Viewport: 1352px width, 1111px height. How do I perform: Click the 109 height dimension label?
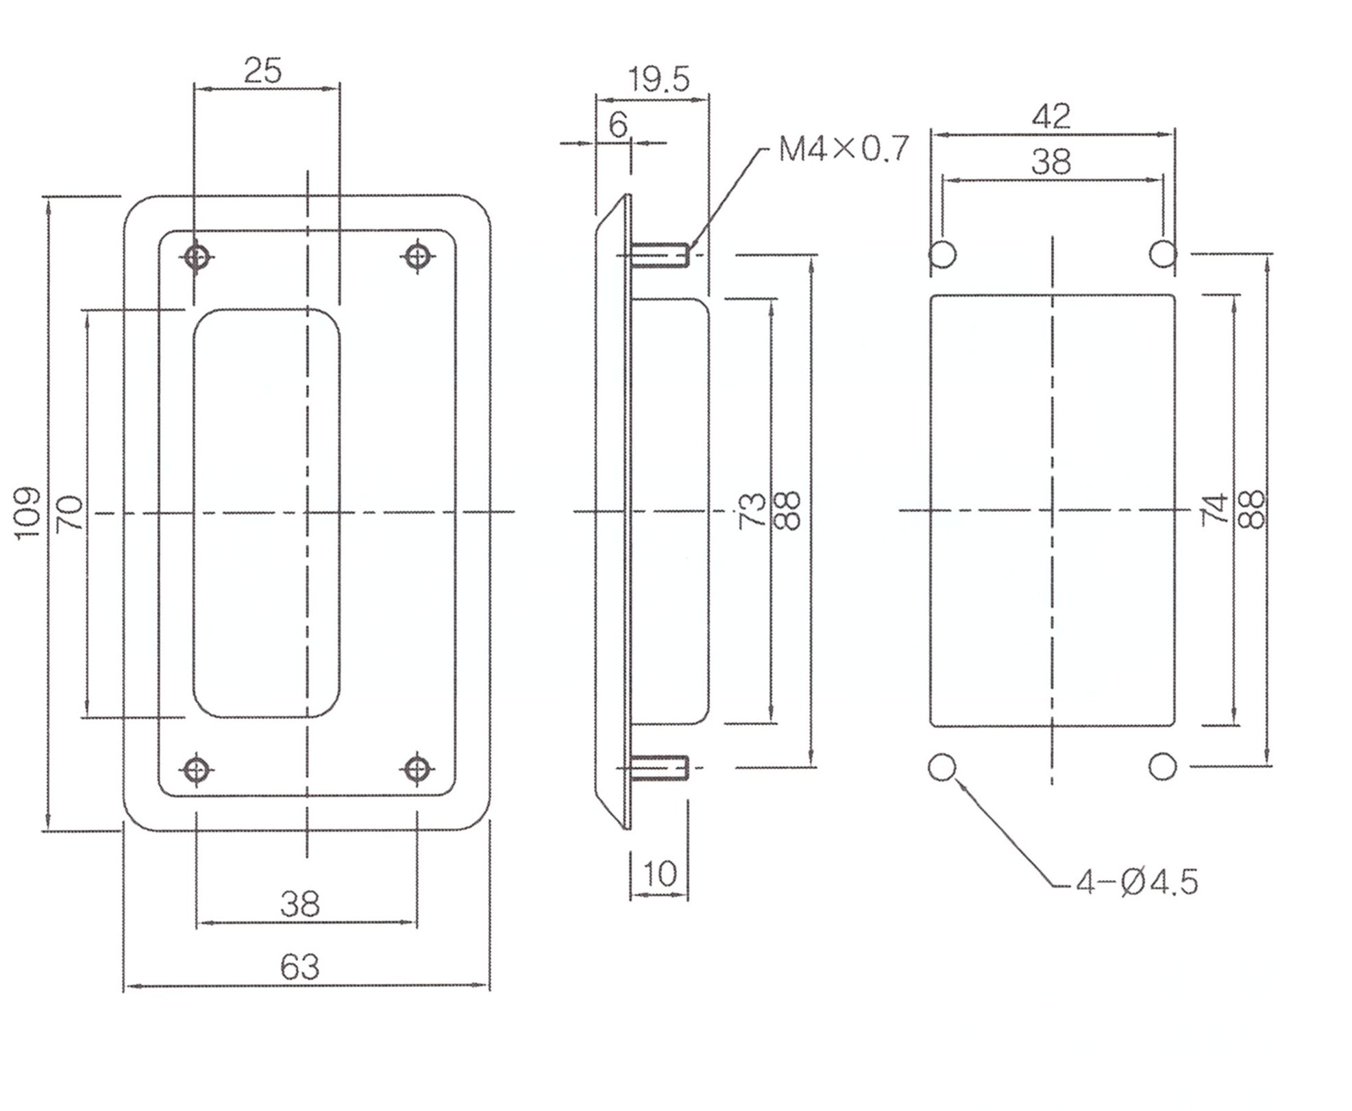click(x=28, y=513)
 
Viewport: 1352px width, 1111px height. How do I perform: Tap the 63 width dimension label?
click(x=300, y=967)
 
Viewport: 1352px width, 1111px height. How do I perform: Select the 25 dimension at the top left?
click(x=262, y=71)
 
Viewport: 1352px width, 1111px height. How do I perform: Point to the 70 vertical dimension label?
click(x=70, y=513)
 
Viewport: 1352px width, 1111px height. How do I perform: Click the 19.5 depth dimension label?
click(x=659, y=80)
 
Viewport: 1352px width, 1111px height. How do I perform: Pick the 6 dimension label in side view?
click(x=618, y=125)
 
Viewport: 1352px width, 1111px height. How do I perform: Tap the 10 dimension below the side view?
click(x=660, y=874)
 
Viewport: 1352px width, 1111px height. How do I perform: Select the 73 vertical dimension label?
click(x=752, y=510)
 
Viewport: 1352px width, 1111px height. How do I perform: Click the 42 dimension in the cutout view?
click(x=1051, y=117)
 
